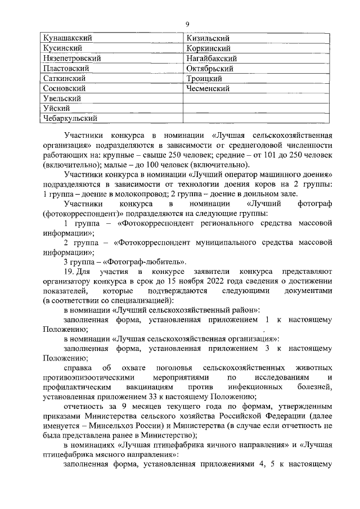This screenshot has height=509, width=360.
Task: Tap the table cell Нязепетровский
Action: (x=71, y=58)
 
